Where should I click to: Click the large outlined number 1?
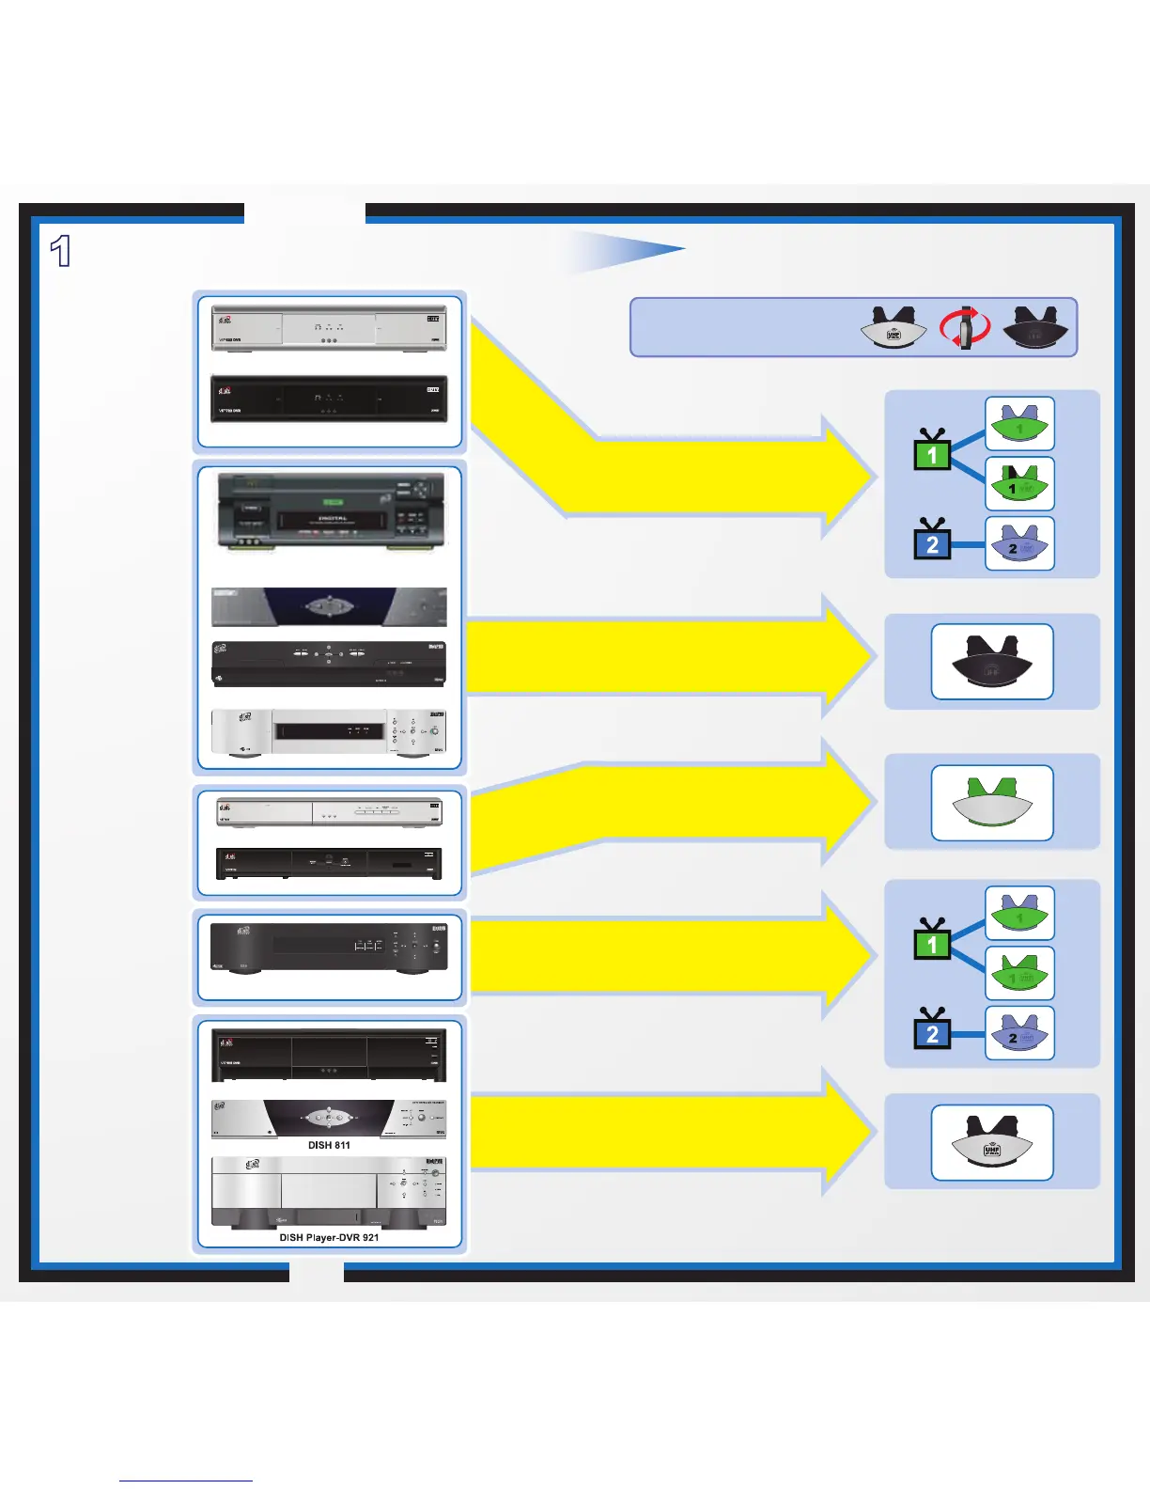(61, 252)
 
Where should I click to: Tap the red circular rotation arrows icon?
(965, 329)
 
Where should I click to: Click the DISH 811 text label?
(329, 1145)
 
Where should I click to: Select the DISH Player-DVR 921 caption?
(329, 1237)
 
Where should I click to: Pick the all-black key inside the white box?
(991, 663)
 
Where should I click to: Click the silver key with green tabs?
(991, 803)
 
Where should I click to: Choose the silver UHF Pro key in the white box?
(991, 1143)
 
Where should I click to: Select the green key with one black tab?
(1019, 483)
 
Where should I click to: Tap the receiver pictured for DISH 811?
(329, 1118)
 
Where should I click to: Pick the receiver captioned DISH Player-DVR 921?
(329, 1192)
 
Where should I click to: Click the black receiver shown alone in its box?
(329, 948)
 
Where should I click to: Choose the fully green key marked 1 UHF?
(1019, 974)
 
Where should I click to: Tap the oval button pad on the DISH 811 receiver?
(328, 1118)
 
